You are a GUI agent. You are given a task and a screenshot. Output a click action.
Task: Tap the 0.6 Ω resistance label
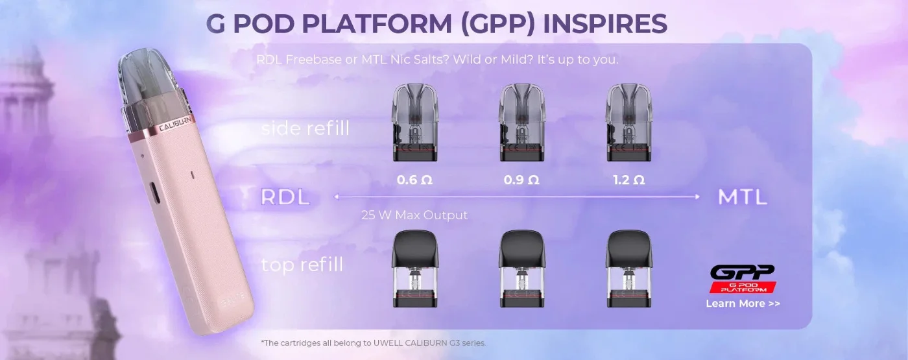pyautogui.click(x=414, y=180)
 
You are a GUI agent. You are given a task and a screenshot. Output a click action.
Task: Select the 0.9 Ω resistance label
pyautogui.click(x=521, y=180)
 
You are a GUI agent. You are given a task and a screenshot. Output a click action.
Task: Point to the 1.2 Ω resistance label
pyautogui.click(x=628, y=180)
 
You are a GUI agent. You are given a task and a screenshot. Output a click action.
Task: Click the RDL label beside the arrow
pyautogui.click(x=285, y=197)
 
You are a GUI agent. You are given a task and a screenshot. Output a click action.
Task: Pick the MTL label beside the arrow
pyautogui.click(x=743, y=197)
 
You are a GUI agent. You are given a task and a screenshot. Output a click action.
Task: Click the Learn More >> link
pyautogui.click(x=743, y=304)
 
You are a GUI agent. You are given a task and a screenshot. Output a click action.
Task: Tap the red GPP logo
pyautogui.click(x=743, y=278)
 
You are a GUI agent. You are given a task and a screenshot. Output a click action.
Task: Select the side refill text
pyautogui.click(x=305, y=128)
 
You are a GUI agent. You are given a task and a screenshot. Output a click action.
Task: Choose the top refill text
pyautogui.click(x=302, y=265)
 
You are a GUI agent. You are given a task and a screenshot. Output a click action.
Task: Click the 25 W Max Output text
pyautogui.click(x=414, y=215)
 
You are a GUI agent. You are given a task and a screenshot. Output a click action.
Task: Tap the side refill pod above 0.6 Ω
pyautogui.click(x=414, y=123)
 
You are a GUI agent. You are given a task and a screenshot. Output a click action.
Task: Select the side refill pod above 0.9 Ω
pyautogui.click(x=521, y=123)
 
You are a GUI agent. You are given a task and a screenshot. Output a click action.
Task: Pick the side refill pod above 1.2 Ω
pyautogui.click(x=628, y=123)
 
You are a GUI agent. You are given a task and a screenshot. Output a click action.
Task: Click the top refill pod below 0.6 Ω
pyautogui.click(x=414, y=269)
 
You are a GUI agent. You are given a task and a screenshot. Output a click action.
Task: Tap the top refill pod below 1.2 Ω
pyautogui.click(x=628, y=269)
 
